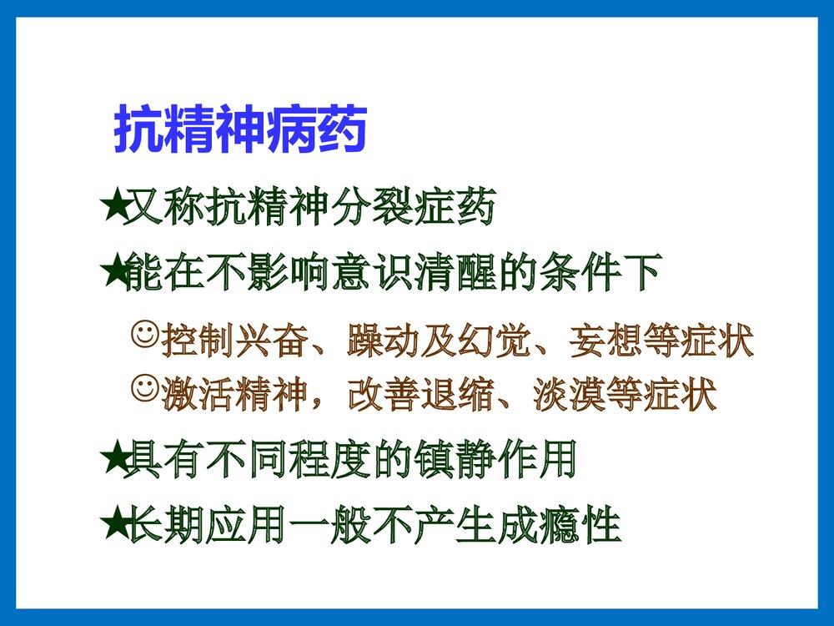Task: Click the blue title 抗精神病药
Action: click(x=240, y=129)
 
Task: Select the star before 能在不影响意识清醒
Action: click(x=112, y=273)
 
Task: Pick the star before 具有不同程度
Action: click(x=112, y=460)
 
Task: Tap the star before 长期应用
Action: click(x=112, y=525)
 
